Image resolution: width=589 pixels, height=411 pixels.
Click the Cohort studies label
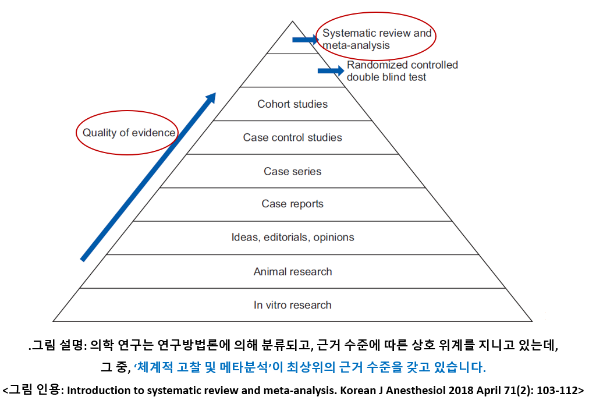click(293, 104)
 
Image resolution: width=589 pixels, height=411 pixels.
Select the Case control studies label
click(293, 138)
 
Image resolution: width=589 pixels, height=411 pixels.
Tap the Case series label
click(293, 171)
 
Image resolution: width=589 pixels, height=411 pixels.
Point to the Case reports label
click(293, 204)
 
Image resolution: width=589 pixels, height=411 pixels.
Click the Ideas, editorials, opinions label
click(293, 238)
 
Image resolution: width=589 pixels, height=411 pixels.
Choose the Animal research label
click(293, 271)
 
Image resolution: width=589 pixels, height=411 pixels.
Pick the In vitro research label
click(293, 305)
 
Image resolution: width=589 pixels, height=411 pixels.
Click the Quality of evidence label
click(129, 133)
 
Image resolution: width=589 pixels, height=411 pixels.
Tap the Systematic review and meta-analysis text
click(377, 39)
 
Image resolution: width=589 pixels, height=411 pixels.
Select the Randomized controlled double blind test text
click(402, 71)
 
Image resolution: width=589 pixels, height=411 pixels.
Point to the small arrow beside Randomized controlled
click(331, 71)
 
